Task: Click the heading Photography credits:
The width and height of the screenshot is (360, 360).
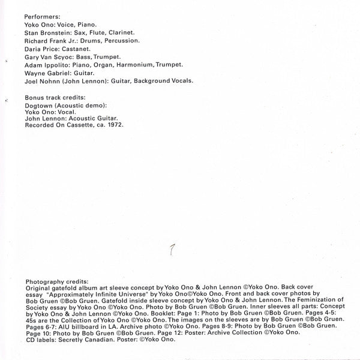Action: tap(56, 280)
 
